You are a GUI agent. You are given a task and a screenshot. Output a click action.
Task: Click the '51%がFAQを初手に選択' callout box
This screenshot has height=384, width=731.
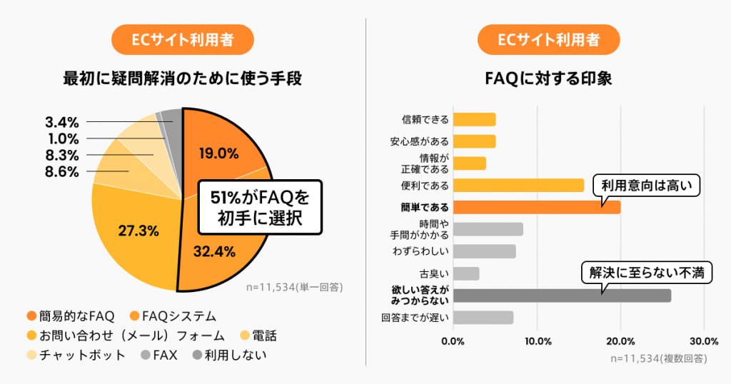pyautogui.click(x=259, y=207)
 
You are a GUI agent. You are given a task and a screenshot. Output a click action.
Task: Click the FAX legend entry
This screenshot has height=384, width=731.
pyautogui.click(x=160, y=354)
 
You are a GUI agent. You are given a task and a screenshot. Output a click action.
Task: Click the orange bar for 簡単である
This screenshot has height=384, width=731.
pyautogui.click(x=536, y=207)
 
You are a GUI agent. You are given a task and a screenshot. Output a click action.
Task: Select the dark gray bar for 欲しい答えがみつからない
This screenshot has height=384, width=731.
pyautogui.click(x=562, y=295)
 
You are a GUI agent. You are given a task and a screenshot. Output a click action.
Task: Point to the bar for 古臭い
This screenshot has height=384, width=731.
pyautogui.click(x=466, y=273)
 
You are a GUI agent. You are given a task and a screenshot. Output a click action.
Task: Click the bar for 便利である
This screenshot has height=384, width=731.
pyautogui.click(x=518, y=186)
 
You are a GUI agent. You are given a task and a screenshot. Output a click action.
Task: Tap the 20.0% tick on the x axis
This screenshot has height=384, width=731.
pyautogui.click(x=620, y=340)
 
